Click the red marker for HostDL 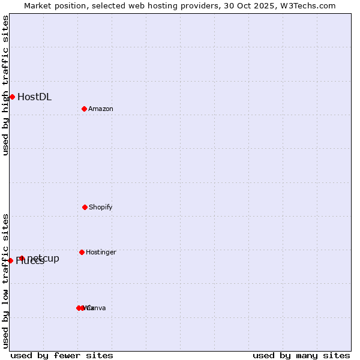point(12,97)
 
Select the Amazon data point point(84,109)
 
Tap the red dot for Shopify point(85,207)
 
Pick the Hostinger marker point(82,252)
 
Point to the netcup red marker point(22,258)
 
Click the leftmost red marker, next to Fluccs point(10,260)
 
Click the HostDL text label point(34,97)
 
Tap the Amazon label point(101,109)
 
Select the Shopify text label point(101,207)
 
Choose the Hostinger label point(101,252)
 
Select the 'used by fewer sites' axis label point(62,355)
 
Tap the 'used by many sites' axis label point(301,355)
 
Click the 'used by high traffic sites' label point(5,85)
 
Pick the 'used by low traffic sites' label point(5,281)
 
